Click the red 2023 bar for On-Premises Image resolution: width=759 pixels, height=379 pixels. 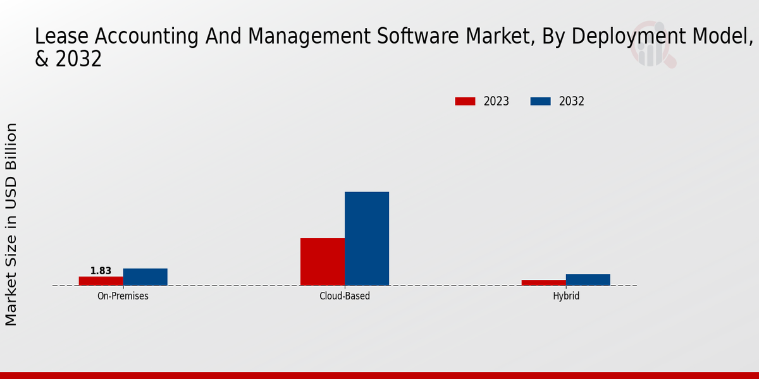coord(101,280)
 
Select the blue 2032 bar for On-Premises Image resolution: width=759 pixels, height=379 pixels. coord(145,277)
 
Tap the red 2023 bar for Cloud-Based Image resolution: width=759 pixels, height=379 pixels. coord(322,262)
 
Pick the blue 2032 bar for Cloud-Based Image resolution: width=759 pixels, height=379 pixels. coord(366,238)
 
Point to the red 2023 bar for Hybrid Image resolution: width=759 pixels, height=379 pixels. coord(543,282)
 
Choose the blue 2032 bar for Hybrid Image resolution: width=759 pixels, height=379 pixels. coord(588,279)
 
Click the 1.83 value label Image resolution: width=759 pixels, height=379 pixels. coord(101,271)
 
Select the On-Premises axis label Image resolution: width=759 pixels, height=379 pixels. coord(123,296)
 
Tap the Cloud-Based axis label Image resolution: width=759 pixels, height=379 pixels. coord(345,296)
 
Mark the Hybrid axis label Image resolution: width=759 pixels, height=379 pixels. coord(566,296)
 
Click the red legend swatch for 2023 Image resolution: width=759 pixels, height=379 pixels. coord(465,101)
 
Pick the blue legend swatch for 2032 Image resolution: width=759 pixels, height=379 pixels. coord(540,101)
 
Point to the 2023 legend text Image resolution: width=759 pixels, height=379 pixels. coord(497,101)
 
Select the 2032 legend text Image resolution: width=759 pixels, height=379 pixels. coord(572,101)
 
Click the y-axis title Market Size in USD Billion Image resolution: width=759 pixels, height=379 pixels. coord(11,224)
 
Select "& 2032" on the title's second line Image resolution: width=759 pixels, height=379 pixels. coord(68,59)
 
